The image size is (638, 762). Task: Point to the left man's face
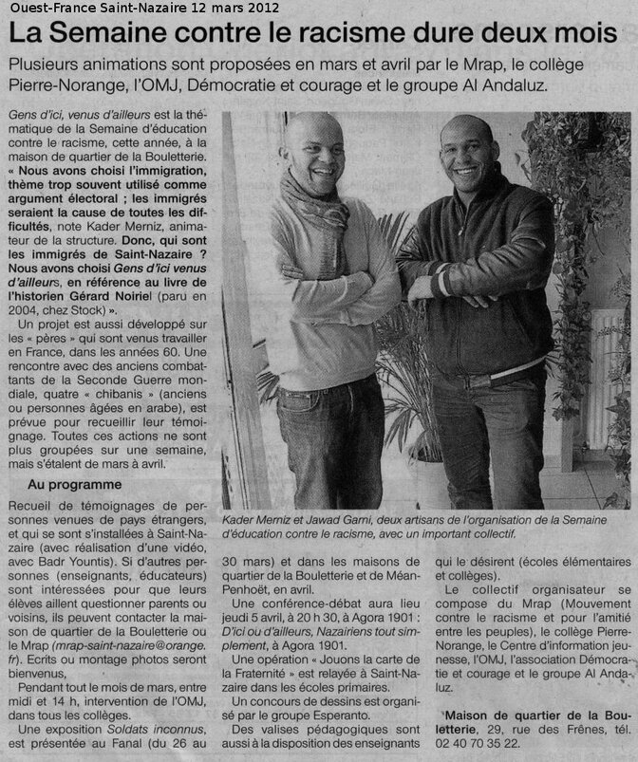point(314,152)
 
